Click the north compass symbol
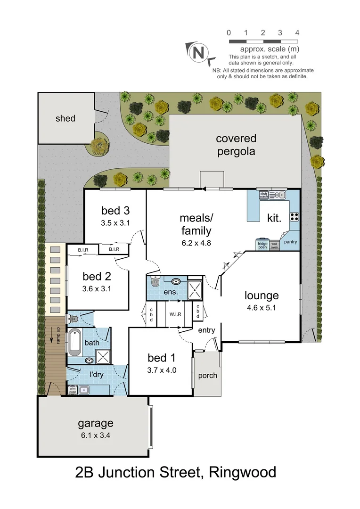tap(198, 52)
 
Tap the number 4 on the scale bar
tap(297, 33)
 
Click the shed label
tap(65, 118)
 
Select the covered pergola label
tap(236, 145)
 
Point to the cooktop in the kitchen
tap(294, 217)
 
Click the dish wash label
tap(263, 194)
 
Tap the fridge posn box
tap(262, 245)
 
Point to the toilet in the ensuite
tap(155, 282)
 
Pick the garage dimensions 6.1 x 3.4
tap(96, 435)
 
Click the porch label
tap(207, 376)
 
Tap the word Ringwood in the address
tap(243, 472)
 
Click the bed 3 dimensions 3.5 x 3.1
tap(115, 223)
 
